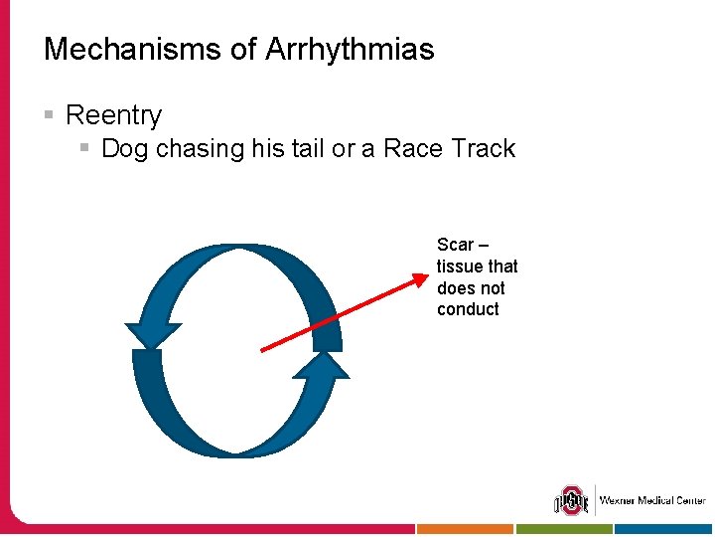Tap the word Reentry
click(x=112, y=115)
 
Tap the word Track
click(x=483, y=149)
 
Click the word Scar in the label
click(x=456, y=245)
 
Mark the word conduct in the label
click(x=468, y=309)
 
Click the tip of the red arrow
click(x=424, y=276)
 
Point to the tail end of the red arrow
click(x=262, y=350)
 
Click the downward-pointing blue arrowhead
click(x=152, y=335)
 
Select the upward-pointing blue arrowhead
click(x=321, y=367)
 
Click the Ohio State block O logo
click(x=571, y=500)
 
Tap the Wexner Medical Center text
click(x=651, y=500)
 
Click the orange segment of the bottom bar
click(x=465, y=530)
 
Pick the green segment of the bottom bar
click(x=564, y=530)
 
